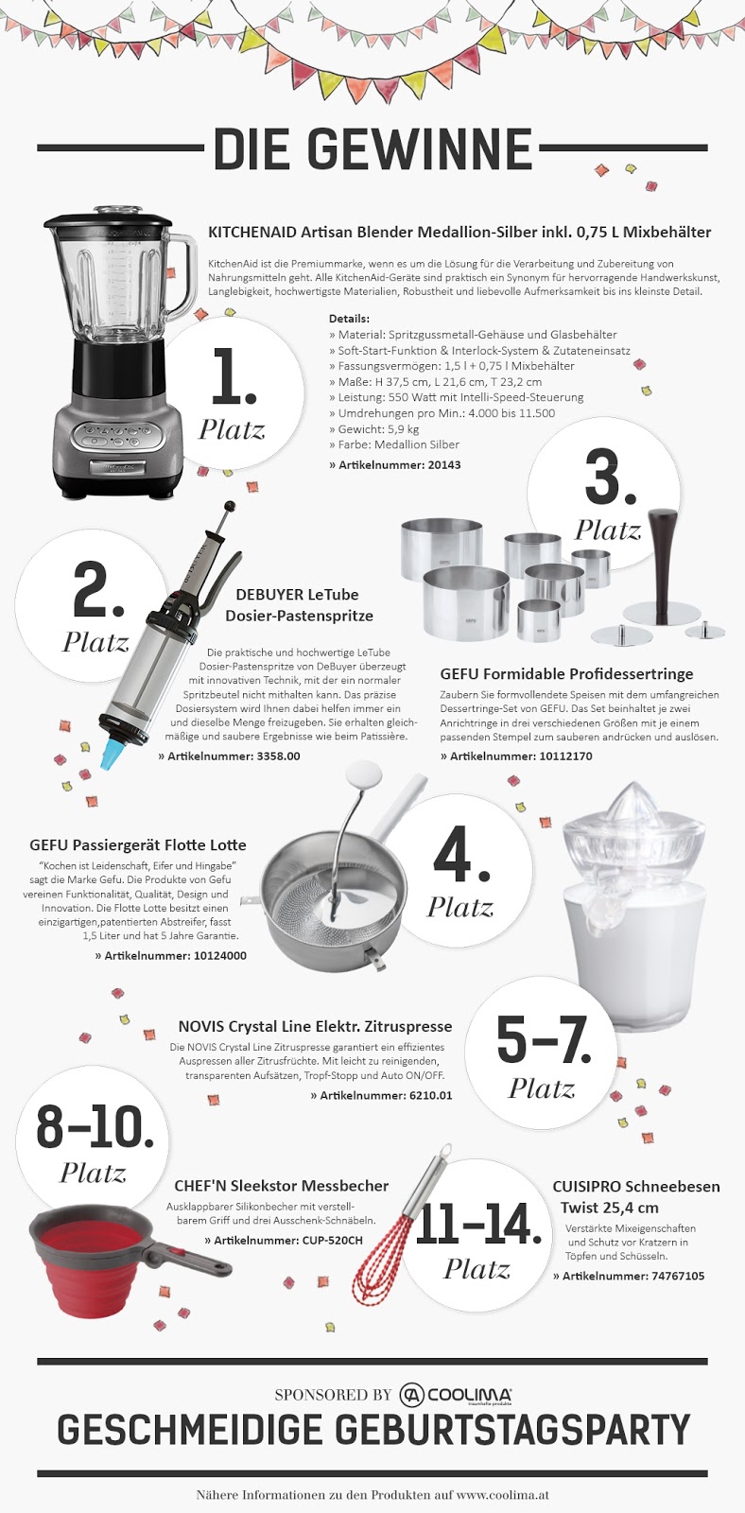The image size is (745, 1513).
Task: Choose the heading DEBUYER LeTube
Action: tap(297, 595)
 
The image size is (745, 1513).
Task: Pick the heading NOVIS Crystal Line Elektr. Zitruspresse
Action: tap(315, 1026)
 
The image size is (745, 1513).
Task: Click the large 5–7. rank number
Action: tap(544, 1041)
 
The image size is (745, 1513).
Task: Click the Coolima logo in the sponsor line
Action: tap(455, 1394)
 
